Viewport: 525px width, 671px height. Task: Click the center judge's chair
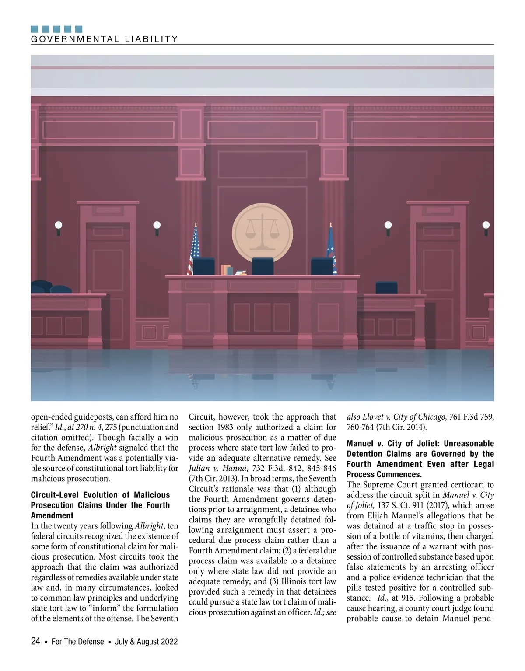click(x=262, y=266)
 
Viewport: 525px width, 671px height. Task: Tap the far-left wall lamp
click(x=59, y=225)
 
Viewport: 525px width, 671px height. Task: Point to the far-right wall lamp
click(x=486, y=225)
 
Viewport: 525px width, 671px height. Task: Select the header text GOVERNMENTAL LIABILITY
click(x=105, y=39)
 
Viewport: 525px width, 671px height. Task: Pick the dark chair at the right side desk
click(x=387, y=288)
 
